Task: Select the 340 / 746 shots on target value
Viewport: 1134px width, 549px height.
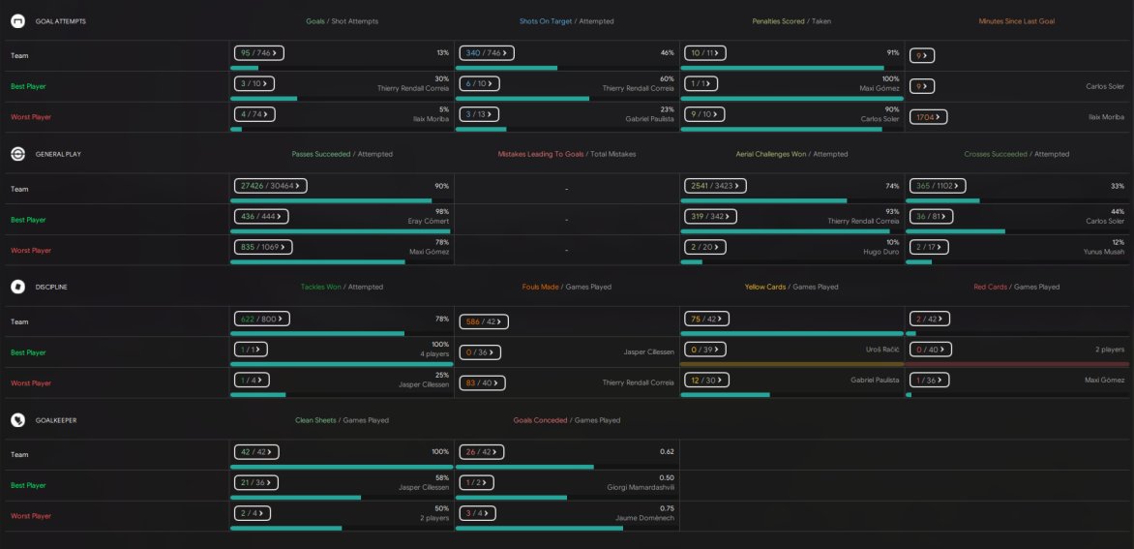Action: [488, 53]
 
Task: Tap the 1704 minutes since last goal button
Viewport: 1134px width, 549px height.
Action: [928, 117]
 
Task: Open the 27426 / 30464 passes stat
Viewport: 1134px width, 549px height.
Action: [270, 186]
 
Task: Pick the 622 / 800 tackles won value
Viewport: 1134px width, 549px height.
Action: [261, 319]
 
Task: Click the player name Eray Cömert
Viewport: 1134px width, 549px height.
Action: [428, 222]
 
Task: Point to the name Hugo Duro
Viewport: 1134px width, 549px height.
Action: [881, 252]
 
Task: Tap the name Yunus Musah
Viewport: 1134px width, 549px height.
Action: [1104, 252]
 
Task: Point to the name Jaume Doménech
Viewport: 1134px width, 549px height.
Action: [644, 518]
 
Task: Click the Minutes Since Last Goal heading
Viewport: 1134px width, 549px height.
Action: [1016, 21]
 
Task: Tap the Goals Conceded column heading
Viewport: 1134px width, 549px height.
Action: [541, 420]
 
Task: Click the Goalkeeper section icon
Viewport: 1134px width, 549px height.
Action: [17, 420]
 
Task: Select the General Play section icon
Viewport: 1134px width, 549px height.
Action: [17, 154]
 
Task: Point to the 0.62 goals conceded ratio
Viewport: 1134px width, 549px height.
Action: [666, 452]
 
